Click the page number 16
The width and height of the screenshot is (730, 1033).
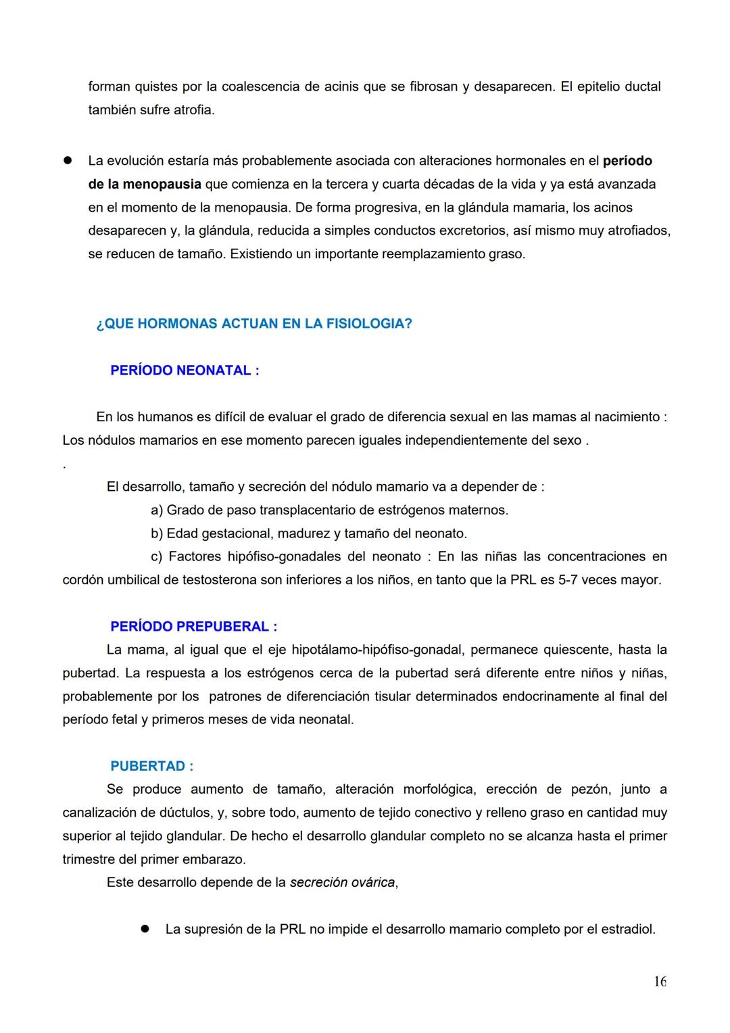point(659,982)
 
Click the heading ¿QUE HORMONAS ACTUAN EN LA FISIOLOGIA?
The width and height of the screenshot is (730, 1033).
point(254,324)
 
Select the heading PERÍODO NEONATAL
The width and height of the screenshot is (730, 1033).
point(185,370)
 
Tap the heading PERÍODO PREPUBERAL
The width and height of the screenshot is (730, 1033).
point(193,627)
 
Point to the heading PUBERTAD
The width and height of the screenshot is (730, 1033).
point(151,766)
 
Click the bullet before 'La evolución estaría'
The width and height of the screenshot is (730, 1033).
point(68,161)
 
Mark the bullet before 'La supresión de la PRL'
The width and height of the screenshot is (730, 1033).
point(145,929)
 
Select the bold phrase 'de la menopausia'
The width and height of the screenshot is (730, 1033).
point(145,184)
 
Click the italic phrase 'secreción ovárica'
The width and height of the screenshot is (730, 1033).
point(342,882)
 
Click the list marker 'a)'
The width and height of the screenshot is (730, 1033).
point(157,510)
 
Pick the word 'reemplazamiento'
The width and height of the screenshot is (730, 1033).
point(433,254)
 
